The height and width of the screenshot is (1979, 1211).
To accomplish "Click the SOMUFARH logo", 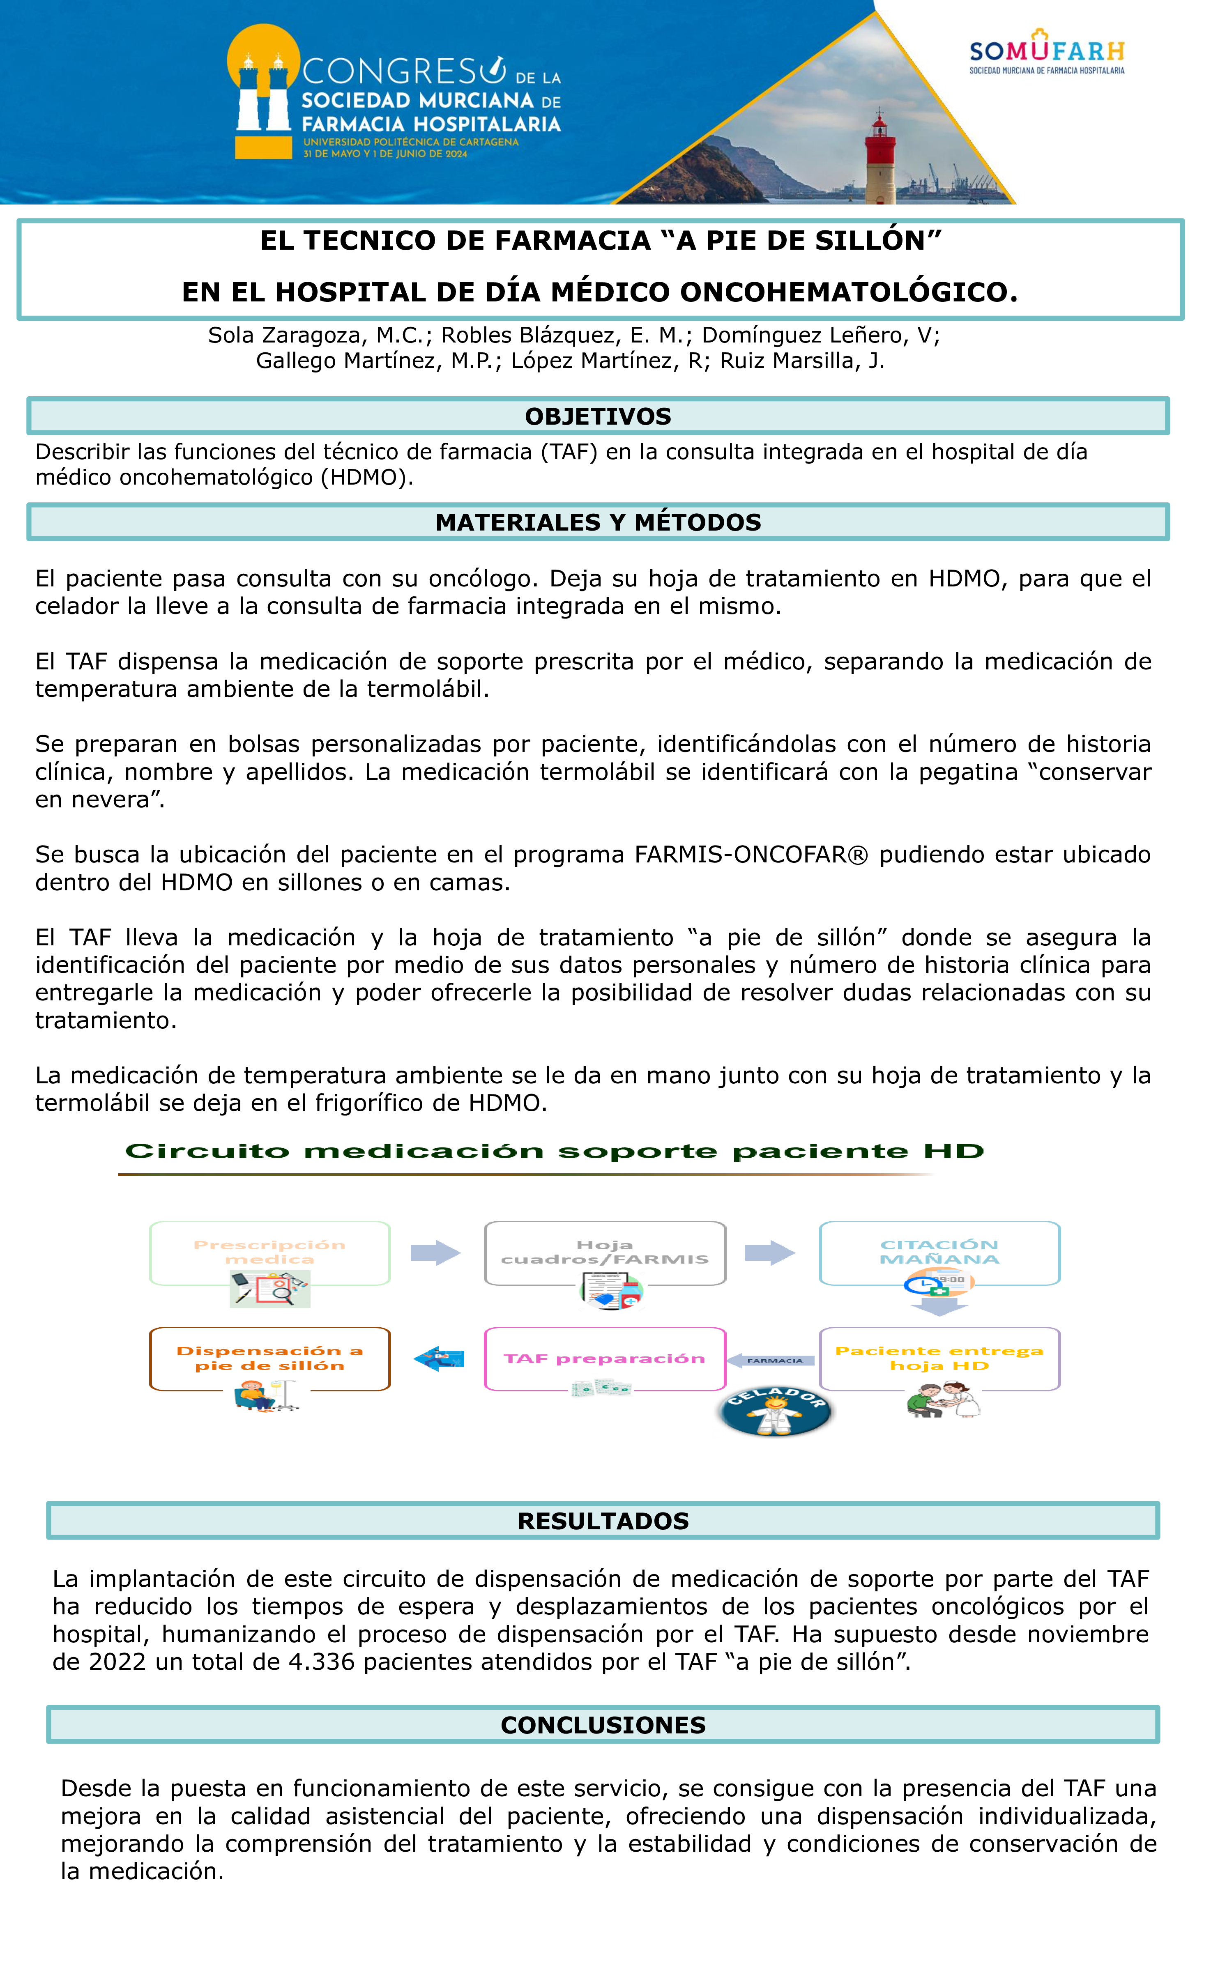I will coord(1046,53).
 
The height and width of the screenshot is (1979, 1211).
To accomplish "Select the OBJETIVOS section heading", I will coord(598,416).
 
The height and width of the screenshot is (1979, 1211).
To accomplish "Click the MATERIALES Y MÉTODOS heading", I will coord(598,522).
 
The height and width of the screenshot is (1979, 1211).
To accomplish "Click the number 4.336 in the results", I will coord(321,1662).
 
